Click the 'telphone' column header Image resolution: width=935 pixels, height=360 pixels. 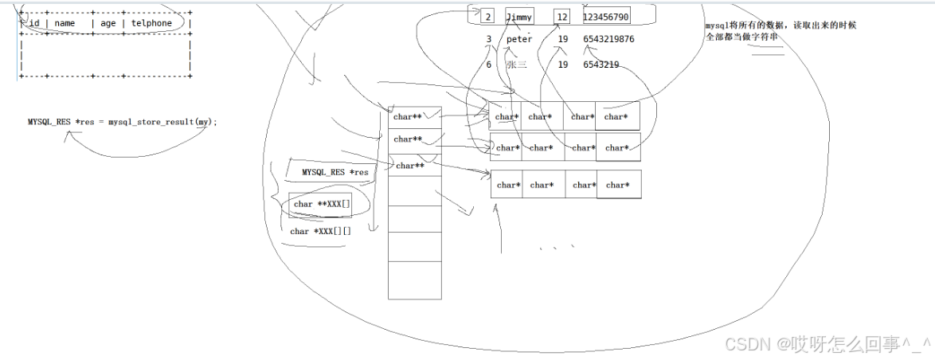[x=151, y=23]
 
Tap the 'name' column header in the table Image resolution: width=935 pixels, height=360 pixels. [x=65, y=23]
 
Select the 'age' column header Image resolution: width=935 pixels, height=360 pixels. [x=108, y=23]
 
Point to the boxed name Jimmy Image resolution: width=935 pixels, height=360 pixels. [x=519, y=17]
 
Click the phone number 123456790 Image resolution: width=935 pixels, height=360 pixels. [x=606, y=17]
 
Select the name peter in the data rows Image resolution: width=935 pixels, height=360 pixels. [x=519, y=39]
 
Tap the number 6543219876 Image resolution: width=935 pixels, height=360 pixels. [x=608, y=39]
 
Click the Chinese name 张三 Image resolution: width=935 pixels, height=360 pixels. [x=517, y=65]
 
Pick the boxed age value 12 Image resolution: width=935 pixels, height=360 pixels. [x=563, y=17]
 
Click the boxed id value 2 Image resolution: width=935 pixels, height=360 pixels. [x=487, y=17]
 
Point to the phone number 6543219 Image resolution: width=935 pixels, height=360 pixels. [x=601, y=65]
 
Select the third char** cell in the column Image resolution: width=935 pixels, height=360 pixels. [x=410, y=166]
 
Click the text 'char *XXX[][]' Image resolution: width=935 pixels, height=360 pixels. [x=320, y=231]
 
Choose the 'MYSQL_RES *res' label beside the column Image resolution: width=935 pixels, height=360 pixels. [x=334, y=172]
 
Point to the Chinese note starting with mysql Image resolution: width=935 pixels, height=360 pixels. [x=780, y=31]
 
